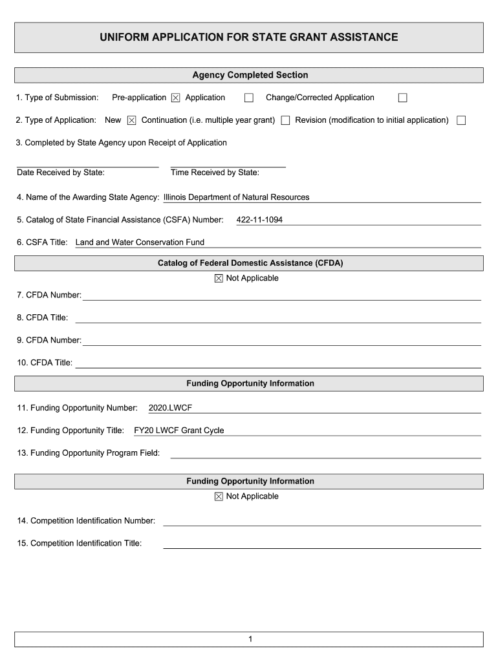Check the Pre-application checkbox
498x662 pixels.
(x=175, y=98)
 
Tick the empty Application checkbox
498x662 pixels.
(x=248, y=98)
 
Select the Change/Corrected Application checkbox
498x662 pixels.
(x=402, y=98)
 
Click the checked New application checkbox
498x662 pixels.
(x=131, y=120)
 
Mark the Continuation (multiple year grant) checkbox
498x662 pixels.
(x=285, y=120)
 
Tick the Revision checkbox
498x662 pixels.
(x=461, y=120)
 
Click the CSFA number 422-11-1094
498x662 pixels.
(x=259, y=220)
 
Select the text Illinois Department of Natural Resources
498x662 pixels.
(x=236, y=197)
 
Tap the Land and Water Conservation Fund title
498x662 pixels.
(x=140, y=242)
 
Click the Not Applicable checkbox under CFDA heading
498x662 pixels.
(x=218, y=279)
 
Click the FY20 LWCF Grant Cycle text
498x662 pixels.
(x=179, y=431)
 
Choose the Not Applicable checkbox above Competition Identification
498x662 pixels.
(x=218, y=496)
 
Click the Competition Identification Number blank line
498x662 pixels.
(x=321, y=521)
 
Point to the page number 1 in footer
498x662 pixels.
(x=249, y=639)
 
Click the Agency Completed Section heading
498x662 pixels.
(x=250, y=75)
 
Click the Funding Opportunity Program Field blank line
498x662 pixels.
(x=325, y=453)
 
